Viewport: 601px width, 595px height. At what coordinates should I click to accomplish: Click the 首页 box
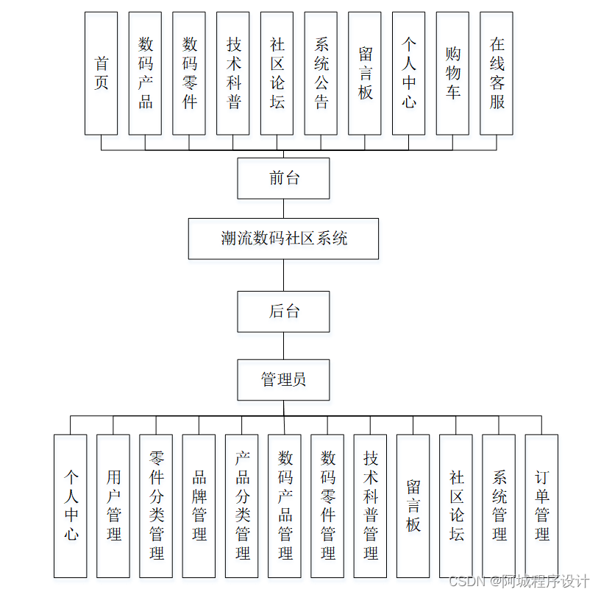[x=101, y=73]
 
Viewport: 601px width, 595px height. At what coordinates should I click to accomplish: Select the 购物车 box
[x=452, y=73]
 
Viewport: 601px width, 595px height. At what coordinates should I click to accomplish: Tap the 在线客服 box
[x=497, y=73]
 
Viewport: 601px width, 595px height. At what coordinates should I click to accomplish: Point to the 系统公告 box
[x=321, y=73]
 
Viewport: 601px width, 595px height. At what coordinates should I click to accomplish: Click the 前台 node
[x=283, y=178]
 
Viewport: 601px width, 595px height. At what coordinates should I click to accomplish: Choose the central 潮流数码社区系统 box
[x=283, y=238]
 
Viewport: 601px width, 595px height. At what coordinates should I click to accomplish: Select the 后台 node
[x=283, y=311]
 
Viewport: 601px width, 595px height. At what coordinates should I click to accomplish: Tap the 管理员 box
[x=283, y=380]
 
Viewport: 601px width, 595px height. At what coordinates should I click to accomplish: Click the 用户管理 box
[x=113, y=506]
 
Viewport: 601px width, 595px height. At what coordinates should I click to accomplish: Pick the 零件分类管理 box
[x=156, y=506]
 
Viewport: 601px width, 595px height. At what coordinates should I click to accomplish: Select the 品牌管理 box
[x=199, y=506]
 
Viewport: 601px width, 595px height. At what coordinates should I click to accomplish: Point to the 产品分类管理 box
[x=242, y=506]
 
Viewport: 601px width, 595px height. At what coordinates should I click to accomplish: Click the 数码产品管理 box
[x=285, y=506]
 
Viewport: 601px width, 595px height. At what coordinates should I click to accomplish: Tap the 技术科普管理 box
[x=370, y=506]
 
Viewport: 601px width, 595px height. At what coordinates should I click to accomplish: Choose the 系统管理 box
[x=499, y=506]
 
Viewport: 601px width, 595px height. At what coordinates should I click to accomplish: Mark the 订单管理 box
[x=541, y=506]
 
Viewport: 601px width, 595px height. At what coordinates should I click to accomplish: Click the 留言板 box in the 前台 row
[x=365, y=73]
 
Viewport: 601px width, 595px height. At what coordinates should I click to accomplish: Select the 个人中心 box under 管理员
[x=71, y=506]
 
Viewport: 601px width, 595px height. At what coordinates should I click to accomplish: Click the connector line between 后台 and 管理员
[x=283, y=345]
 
